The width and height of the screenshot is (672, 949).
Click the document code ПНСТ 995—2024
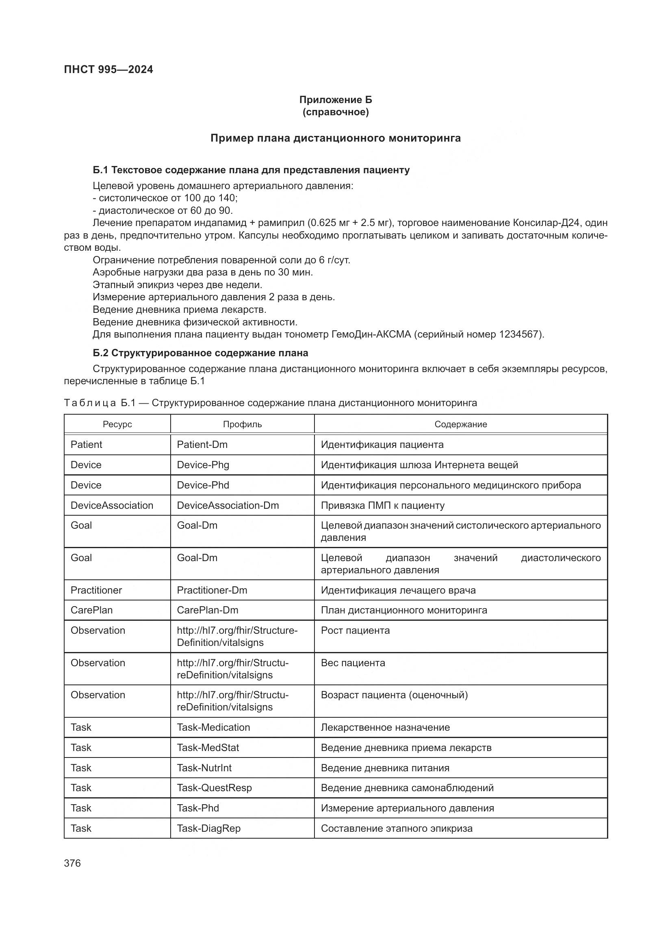point(108,69)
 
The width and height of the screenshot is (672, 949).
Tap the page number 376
point(72,863)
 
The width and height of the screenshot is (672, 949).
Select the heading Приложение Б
point(336,100)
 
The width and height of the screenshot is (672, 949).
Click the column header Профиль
point(242,424)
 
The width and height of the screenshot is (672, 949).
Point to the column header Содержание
point(461,424)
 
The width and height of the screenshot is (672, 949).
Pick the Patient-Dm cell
point(202,444)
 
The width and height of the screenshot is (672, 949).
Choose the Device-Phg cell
point(203,465)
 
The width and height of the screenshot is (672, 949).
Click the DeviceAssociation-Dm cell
point(228,505)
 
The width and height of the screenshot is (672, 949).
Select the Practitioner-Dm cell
point(212,590)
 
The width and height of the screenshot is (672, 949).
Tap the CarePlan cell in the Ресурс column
point(91,610)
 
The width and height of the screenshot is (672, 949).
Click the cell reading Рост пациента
point(355,631)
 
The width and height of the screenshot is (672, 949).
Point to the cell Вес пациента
point(353,663)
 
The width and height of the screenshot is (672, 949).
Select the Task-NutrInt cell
point(204,768)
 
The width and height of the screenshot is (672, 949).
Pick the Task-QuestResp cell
point(214,788)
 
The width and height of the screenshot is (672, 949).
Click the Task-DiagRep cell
point(208,828)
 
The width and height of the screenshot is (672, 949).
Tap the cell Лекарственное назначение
point(385,727)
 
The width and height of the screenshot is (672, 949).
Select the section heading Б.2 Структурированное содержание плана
point(200,353)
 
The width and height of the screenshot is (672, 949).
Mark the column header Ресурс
point(117,424)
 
